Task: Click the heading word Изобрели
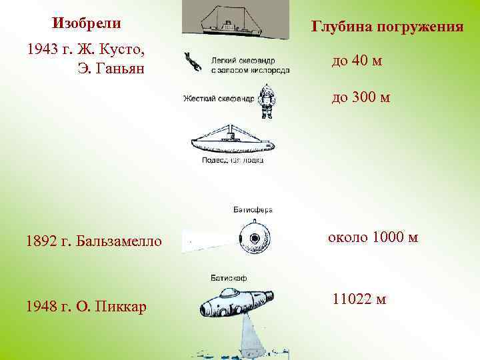(87, 23)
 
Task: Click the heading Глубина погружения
(387, 27)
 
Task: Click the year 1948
(42, 306)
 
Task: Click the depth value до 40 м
(357, 61)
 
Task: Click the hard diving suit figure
(267, 101)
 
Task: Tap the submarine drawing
(231, 141)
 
